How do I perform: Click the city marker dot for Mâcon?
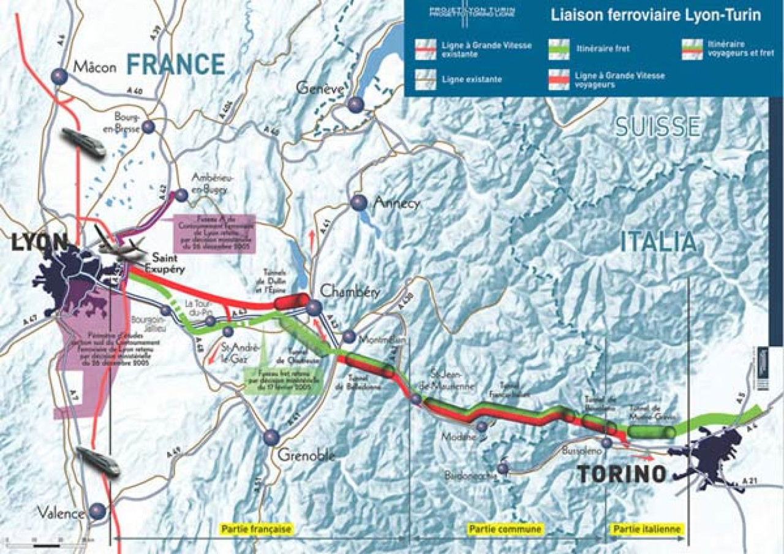click(x=59, y=76)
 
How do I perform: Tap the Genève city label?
click(x=318, y=88)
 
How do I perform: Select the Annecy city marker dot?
click(x=359, y=202)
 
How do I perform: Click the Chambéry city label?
click(x=345, y=291)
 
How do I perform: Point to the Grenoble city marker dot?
click(x=271, y=437)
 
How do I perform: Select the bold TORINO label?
click(x=622, y=474)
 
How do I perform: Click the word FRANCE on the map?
click(x=176, y=64)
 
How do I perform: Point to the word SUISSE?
click(x=658, y=127)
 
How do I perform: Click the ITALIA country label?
click(x=658, y=242)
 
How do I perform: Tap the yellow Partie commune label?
click(x=505, y=528)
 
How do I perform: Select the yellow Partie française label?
click(x=257, y=528)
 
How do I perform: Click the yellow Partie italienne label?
click(x=646, y=528)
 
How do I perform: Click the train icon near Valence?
click(x=98, y=461)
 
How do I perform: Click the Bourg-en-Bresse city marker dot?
click(x=148, y=127)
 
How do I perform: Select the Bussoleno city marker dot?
click(x=606, y=442)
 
